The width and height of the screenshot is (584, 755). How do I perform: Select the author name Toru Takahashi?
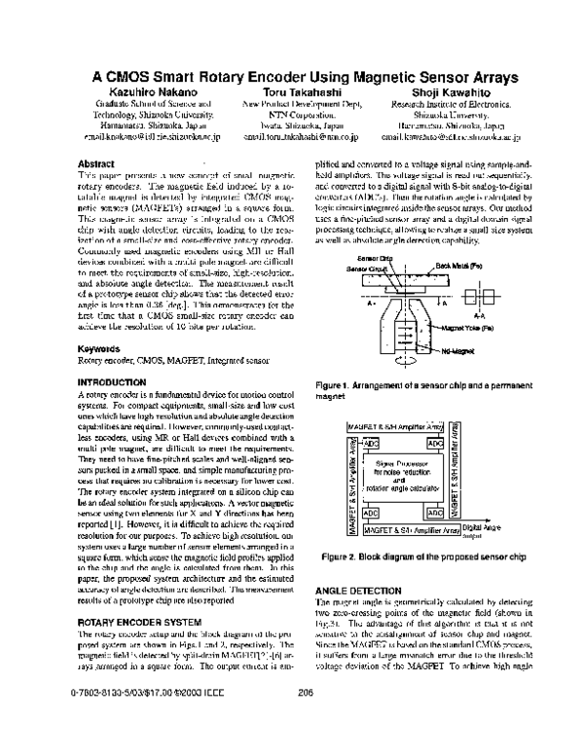click(301, 91)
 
